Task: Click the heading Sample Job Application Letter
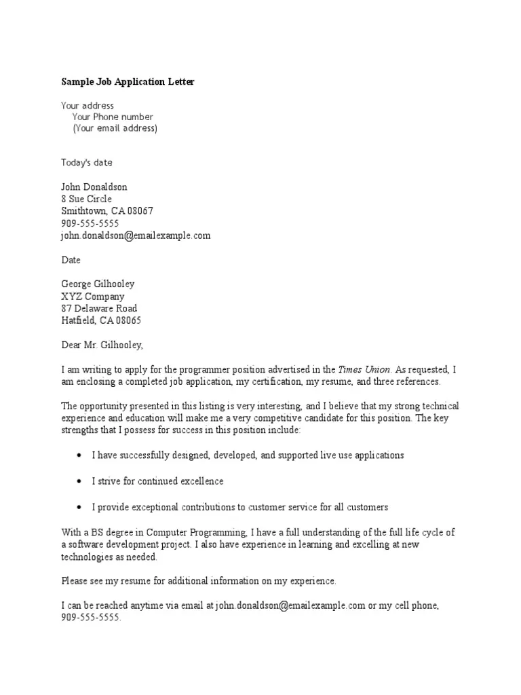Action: pos(128,82)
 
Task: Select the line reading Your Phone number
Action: pos(113,117)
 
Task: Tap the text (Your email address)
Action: pos(115,128)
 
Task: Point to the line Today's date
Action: pos(87,162)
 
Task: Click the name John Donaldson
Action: pos(94,187)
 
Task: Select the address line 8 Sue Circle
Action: pos(87,199)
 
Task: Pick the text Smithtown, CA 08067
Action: pos(107,211)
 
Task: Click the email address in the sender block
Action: pos(136,236)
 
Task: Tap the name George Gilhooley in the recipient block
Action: pos(98,284)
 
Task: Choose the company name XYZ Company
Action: pos(93,297)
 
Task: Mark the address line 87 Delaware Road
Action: pos(99,309)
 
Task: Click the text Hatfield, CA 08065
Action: pos(101,321)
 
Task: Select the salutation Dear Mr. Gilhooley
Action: pos(102,345)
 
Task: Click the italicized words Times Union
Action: pos(365,370)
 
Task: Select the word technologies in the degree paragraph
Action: pos(87,557)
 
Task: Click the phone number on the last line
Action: pos(90,618)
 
